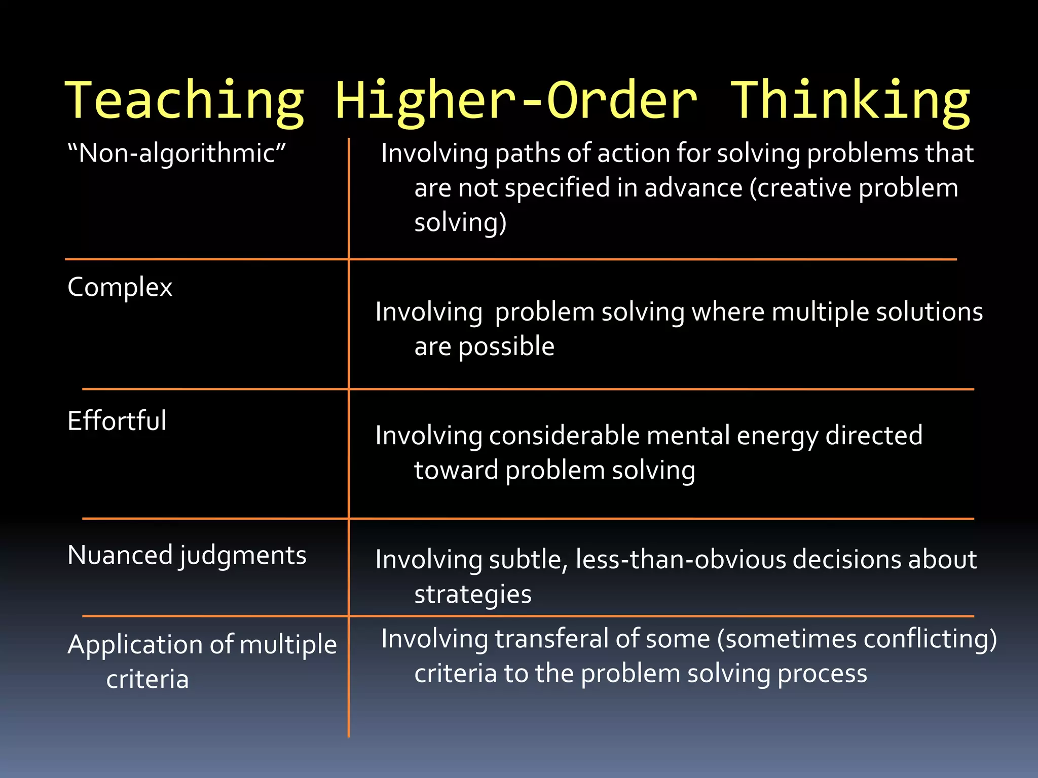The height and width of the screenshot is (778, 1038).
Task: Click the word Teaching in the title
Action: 185,101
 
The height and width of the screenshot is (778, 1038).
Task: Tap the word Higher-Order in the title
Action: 516,101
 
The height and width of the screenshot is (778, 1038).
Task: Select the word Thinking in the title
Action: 850,101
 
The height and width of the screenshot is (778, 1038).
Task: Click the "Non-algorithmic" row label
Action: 177,153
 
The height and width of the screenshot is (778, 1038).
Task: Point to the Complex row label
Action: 120,288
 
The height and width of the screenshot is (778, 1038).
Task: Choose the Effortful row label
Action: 117,421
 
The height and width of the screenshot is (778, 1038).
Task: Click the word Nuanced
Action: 120,555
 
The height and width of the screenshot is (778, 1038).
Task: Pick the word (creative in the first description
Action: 801,188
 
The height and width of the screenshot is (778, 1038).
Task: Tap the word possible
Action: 506,347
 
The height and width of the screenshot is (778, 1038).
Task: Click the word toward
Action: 456,471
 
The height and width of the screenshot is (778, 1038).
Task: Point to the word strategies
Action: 473,594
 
